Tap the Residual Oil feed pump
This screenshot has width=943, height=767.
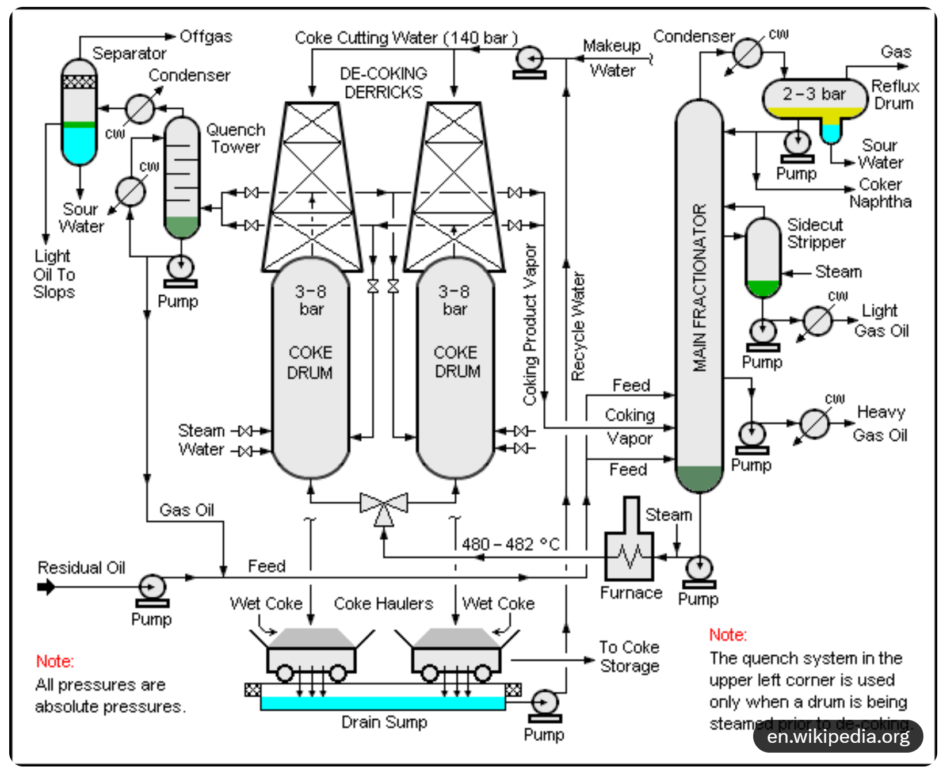tap(152, 588)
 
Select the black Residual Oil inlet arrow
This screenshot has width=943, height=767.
tap(46, 587)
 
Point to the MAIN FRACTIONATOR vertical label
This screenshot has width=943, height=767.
tap(699, 288)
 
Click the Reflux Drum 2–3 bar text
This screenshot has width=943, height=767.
tap(814, 94)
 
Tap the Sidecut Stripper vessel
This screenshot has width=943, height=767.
tap(763, 257)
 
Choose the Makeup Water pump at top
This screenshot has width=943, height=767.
tap(529, 59)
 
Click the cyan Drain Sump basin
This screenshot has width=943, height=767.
tap(383, 703)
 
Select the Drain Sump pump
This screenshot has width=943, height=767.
tap(544, 703)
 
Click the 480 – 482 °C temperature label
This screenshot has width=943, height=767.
tap(510, 544)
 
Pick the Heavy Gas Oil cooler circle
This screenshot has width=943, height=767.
tap(815, 424)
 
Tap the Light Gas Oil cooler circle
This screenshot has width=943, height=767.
tap(818, 321)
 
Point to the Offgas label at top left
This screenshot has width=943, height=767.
tap(206, 37)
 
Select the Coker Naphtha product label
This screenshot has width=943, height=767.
tap(880, 193)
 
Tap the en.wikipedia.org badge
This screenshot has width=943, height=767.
tap(838, 737)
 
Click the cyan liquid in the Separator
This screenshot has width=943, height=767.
tap(79, 145)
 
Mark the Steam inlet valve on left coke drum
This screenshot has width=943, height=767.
tap(246, 430)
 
